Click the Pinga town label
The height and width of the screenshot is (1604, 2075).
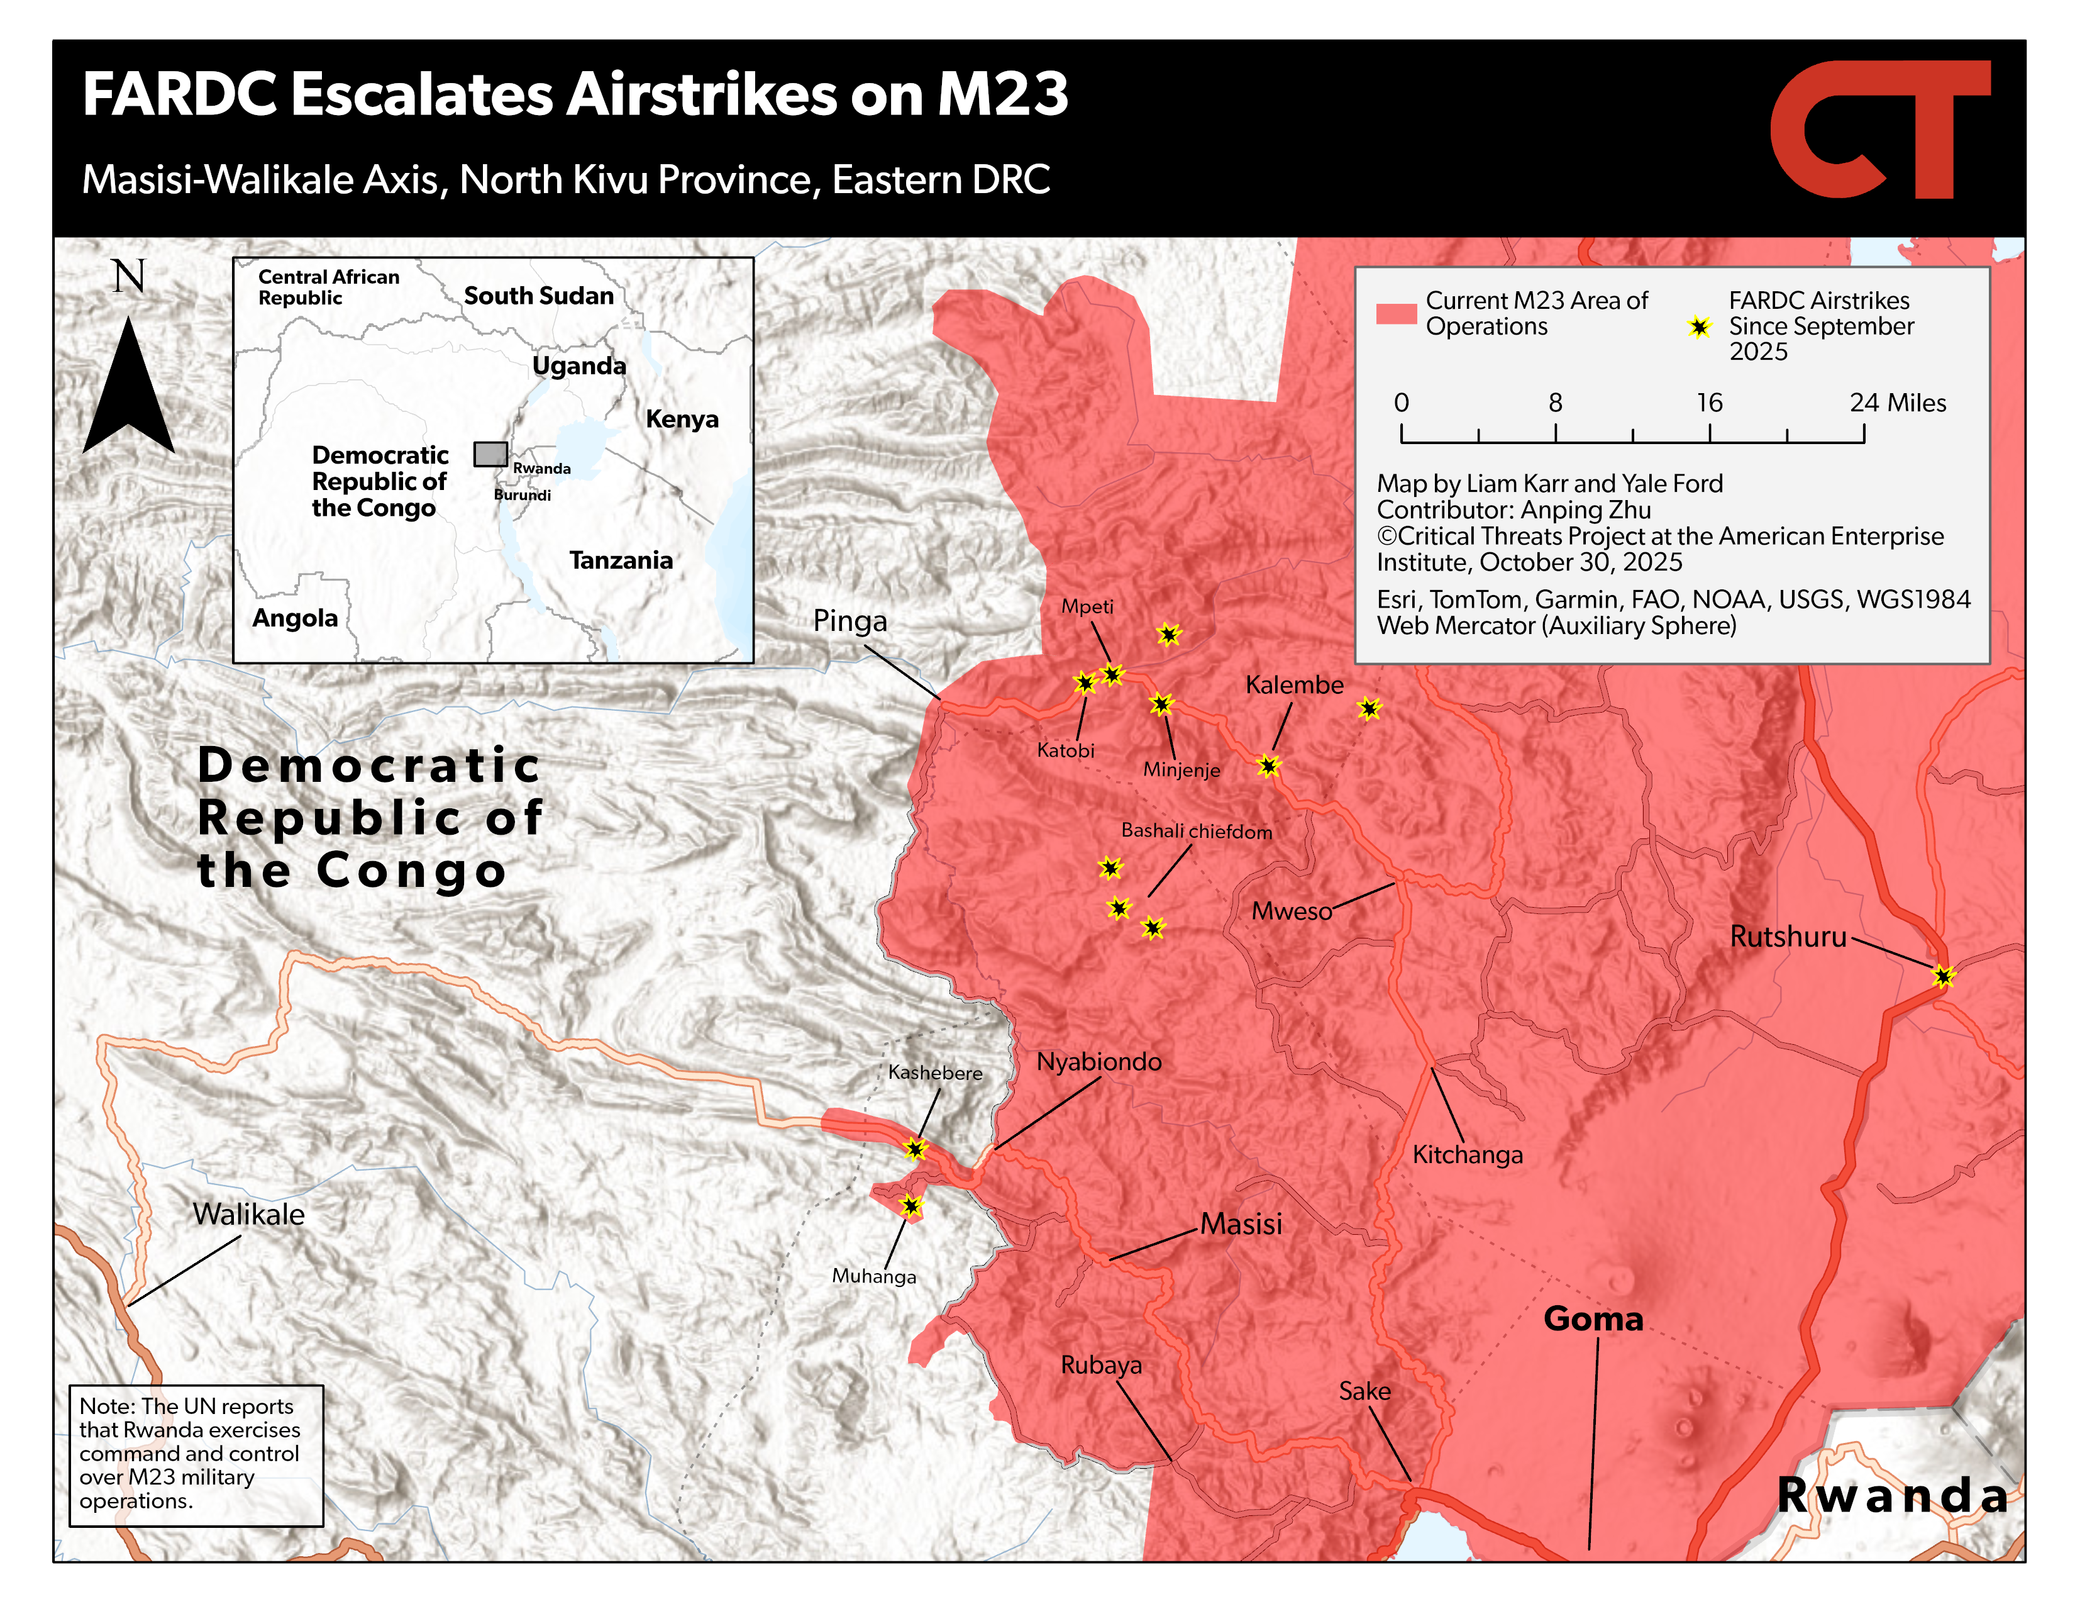pyautogui.click(x=849, y=620)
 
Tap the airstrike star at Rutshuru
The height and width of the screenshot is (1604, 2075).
pyautogui.click(x=1943, y=976)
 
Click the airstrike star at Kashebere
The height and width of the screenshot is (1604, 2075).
pyautogui.click(x=914, y=1149)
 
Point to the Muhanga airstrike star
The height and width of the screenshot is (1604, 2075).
pyautogui.click(x=910, y=1206)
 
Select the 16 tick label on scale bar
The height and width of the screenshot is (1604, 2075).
pyautogui.click(x=1708, y=403)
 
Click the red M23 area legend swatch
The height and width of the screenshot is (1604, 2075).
pyautogui.click(x=1396, y=314)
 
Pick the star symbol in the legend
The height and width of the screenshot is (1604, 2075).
pyautogui.click(x=1699, y=327)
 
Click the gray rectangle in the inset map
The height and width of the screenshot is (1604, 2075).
pyautogui.click(x=490, y=454)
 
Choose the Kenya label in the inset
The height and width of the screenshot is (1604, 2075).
pyautogui.click(x=681, y=419)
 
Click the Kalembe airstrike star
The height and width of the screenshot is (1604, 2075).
pyautogui.click(x=1268, y=765)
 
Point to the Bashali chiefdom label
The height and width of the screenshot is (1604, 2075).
pyautogui.click(x=1196, y=830)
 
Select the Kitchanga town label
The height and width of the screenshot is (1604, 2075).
pyautogui.click(x=1467, y=1154)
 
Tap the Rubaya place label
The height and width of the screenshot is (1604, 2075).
pyautogui.click(x=1101, y=1364)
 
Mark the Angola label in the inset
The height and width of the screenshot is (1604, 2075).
pyautogui.click(x=294, y=618)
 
